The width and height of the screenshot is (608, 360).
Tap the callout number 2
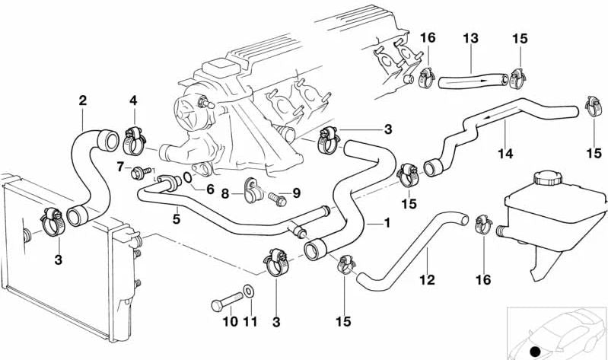(x=82, y=100)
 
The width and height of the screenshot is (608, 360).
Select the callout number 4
(x=134, y=100)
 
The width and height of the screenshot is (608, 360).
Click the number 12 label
(x=427, y=279)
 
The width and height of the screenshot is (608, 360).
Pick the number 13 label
(x=470, y=38)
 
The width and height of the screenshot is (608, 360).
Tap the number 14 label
(x=506, y=153)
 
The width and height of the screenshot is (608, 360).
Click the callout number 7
(x=120, y=166)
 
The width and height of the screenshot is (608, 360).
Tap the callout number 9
(x=297, y=193)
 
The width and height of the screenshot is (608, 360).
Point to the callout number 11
(x=250, y=322)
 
